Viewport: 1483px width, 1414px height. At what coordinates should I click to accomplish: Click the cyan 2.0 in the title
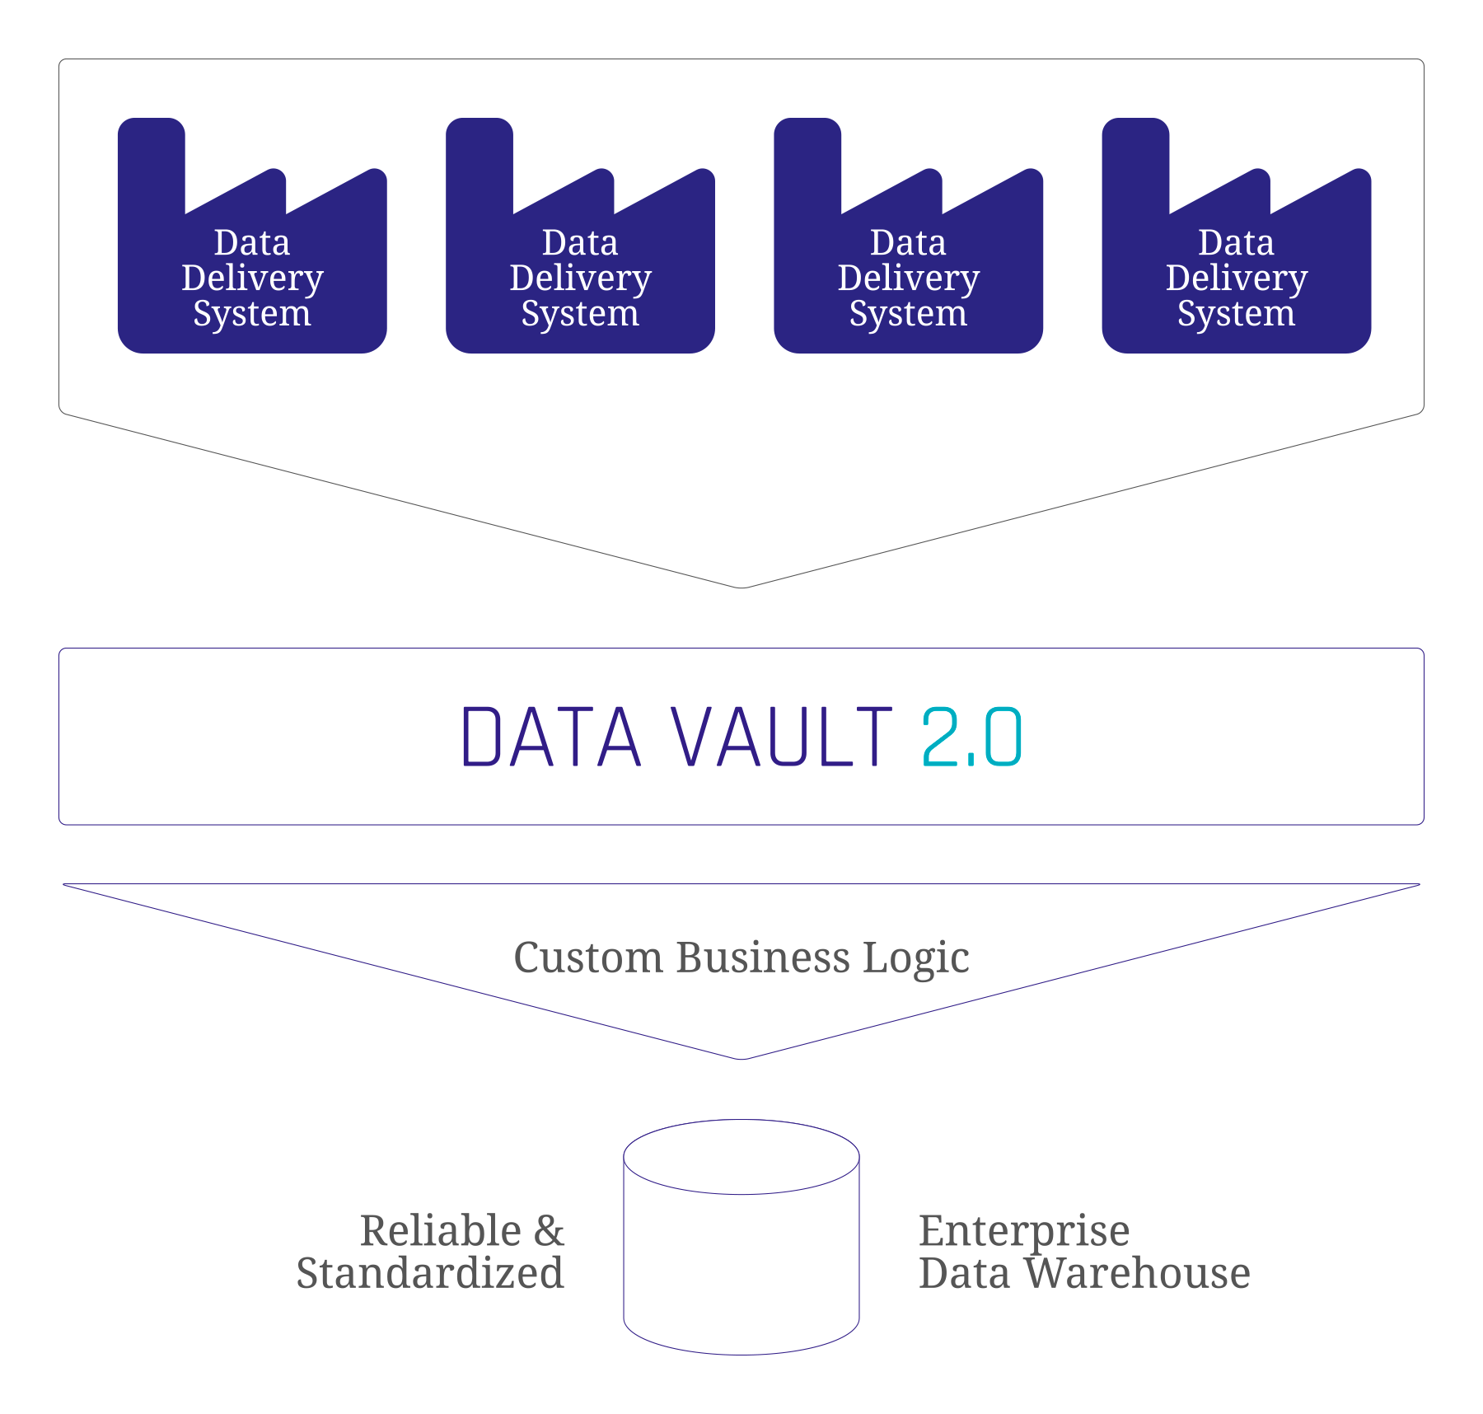[x=971, y=737]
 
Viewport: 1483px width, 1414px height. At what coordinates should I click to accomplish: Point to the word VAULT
[x=781, y=737]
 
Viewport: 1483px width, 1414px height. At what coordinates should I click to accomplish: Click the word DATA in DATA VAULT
[x=550, y=737]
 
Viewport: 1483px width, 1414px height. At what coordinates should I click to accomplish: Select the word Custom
[x=588, y=957]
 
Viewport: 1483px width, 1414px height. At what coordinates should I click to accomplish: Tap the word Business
[x=763, y=957]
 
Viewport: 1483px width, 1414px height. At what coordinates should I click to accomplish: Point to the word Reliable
[x=441, y=1230]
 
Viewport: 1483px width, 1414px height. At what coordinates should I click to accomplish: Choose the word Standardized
[x=430, y=1273]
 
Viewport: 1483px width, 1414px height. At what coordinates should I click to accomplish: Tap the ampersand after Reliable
[x=549, y=1230]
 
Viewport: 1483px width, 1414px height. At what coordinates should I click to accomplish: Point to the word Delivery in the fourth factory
[x=1236, y=278]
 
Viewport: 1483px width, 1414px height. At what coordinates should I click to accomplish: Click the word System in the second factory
[x=580, y=314]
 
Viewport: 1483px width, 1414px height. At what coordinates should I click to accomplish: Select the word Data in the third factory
[x=908, y=242]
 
